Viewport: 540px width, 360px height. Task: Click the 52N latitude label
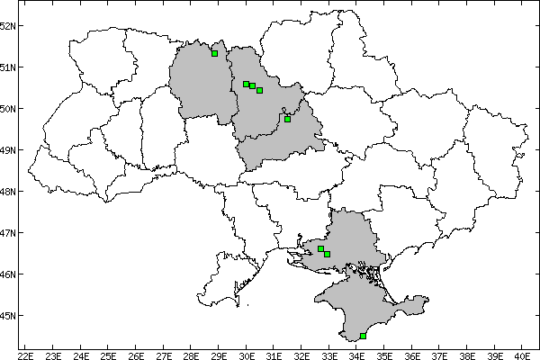9,25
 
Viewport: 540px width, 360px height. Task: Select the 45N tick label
9,316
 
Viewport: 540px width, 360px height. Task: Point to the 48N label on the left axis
9,192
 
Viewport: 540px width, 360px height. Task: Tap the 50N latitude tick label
9,109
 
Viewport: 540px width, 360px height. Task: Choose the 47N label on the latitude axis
9,233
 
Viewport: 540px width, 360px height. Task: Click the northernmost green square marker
214,53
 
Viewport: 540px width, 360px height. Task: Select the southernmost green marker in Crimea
363,336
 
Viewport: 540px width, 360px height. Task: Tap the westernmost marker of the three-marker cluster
246,84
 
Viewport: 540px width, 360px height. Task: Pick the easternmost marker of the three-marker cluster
259,90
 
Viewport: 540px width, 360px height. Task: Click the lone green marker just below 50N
287,119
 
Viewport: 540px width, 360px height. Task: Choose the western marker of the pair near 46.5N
320,248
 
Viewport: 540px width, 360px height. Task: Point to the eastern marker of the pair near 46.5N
327,254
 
